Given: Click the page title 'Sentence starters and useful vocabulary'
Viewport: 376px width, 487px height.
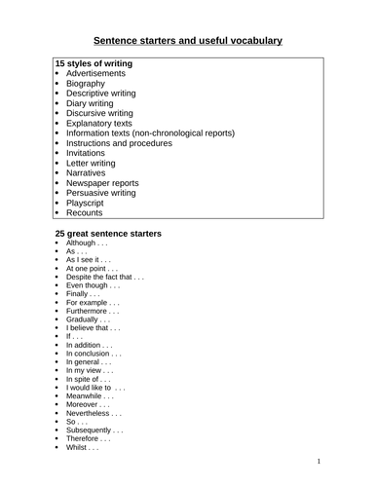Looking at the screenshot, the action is click(x=187, y=41).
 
